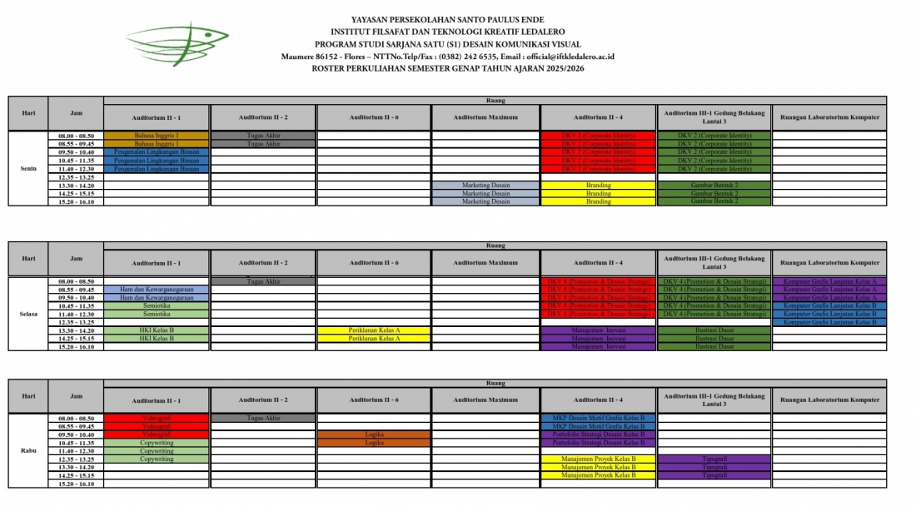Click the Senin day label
(28, 168)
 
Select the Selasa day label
(28, 314)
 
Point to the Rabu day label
(28, 450)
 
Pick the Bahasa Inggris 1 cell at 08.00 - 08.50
(157, 135)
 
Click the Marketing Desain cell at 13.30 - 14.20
(485, 185)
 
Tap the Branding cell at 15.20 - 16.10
(598, 201)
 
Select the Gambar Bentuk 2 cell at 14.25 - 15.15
(714, 193)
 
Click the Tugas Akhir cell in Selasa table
(263, 281)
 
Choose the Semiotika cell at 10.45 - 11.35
(157, 305)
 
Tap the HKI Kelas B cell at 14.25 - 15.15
(157, 339)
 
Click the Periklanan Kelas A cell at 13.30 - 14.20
(374, 330)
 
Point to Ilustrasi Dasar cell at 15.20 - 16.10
(714, 347)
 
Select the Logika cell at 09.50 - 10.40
(374, 434)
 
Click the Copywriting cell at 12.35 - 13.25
(157, 459)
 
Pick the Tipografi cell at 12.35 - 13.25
(714, 459)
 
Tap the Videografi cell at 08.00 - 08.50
(157, 418)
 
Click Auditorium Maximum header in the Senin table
(485, 117)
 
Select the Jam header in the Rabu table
(76, 396)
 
